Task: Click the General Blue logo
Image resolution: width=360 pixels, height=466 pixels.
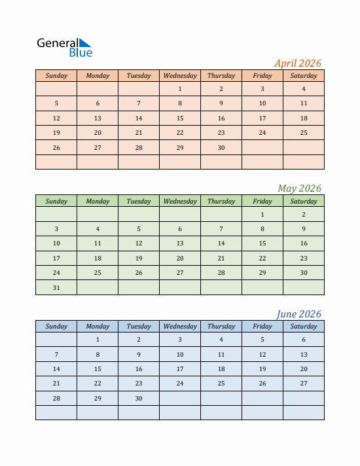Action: click(65, 47)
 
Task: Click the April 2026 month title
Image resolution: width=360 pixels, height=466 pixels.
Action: click(297, 63)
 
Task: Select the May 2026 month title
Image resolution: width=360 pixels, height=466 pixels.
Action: click(299, 188)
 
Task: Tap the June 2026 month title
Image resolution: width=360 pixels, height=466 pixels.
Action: click(298, 314)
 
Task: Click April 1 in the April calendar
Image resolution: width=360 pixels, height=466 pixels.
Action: click(180, 89)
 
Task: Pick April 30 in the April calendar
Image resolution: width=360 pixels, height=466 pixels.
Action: click(221, 148)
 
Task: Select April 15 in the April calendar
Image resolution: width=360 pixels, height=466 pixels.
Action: click(180, 118)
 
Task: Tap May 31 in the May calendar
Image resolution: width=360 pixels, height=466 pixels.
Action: click(56, 288)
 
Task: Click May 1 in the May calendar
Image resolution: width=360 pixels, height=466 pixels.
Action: click(262, 215)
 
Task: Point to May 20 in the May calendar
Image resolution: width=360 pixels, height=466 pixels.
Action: click(180, 259)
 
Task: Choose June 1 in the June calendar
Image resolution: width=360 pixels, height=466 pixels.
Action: click(98, 340)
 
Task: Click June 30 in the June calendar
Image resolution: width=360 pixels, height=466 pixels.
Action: click(139, 399)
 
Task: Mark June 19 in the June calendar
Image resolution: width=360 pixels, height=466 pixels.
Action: click(262, 369)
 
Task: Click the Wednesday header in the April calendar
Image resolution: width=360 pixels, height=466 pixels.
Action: click(180, 76)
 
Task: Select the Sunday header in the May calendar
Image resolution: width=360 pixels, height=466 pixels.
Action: click(56, 202)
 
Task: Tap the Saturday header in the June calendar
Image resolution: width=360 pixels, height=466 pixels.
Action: click(304, 327)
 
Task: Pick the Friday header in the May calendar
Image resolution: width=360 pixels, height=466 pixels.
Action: click(262, 202)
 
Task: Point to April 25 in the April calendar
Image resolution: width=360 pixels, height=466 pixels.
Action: click(304, 133)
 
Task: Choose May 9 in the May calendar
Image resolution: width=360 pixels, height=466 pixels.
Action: click(304, 229)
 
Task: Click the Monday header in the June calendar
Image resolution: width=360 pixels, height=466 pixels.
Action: click(98, 327)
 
